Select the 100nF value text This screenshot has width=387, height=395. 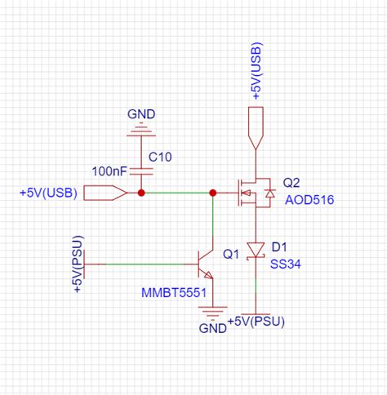109,171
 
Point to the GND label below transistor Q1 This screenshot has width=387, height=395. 212,328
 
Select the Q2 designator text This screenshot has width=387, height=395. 292,183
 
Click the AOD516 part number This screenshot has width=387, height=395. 303,200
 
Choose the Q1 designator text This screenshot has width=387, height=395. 230,254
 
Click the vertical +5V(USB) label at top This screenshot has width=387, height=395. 256,73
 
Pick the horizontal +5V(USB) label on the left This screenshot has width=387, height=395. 48,193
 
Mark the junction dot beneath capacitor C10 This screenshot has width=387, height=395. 141,193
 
